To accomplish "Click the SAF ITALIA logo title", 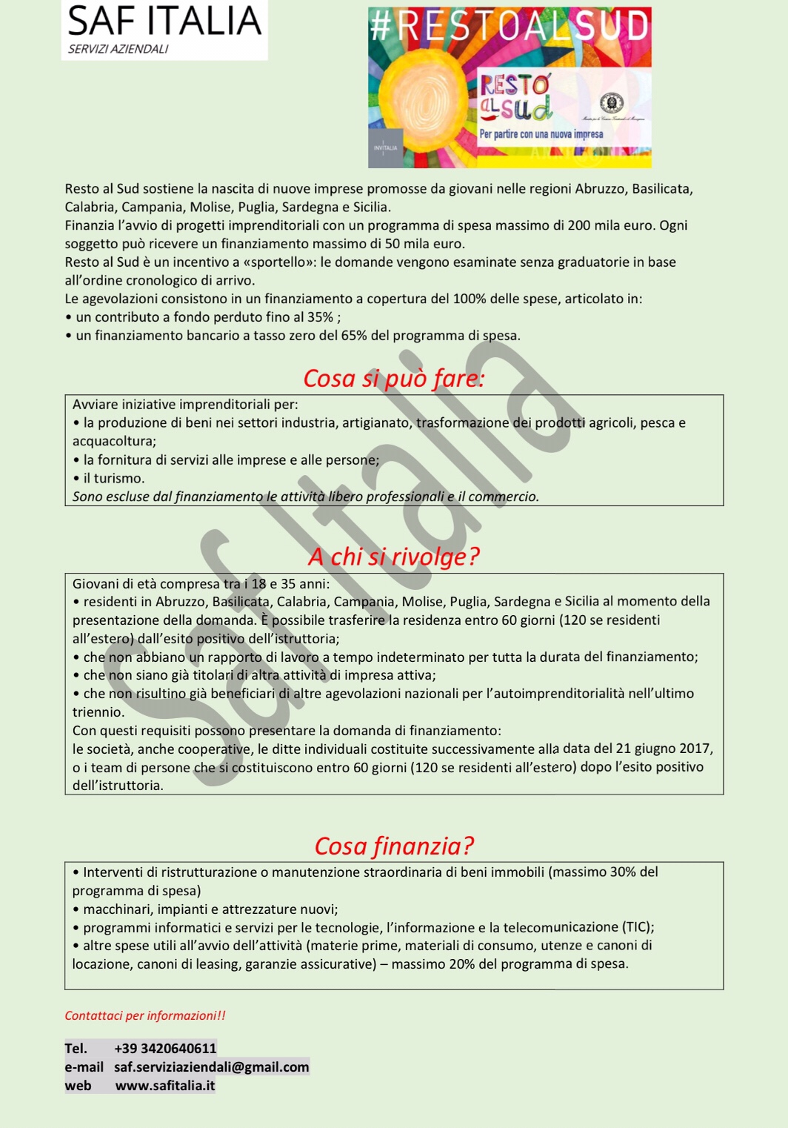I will click(x=164, y=21).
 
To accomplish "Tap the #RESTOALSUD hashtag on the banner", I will click(x=510, y=26).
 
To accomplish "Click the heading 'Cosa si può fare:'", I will click(x=393, y=378).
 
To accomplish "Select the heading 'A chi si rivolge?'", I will click(x=393, y=556).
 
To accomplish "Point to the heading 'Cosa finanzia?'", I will click(x=393, y=846).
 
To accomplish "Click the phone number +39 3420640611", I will click(x=165, y=1048).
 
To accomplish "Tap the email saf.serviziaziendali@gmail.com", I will click(x=211, y=1066).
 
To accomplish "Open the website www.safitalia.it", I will click(x=165, y=1085).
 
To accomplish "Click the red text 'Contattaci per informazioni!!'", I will click(x=145, y=1015).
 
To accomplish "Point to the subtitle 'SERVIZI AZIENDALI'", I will click(x=118, y=49).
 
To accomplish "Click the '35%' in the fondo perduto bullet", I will click(x=320, y=317).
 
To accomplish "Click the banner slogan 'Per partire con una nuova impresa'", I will click(x=541, y=134).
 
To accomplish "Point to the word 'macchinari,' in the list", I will click(x=113, y=909).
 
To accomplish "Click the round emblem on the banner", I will click(x=612, y=103).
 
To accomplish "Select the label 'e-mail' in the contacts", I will click(x=84, y=1066).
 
